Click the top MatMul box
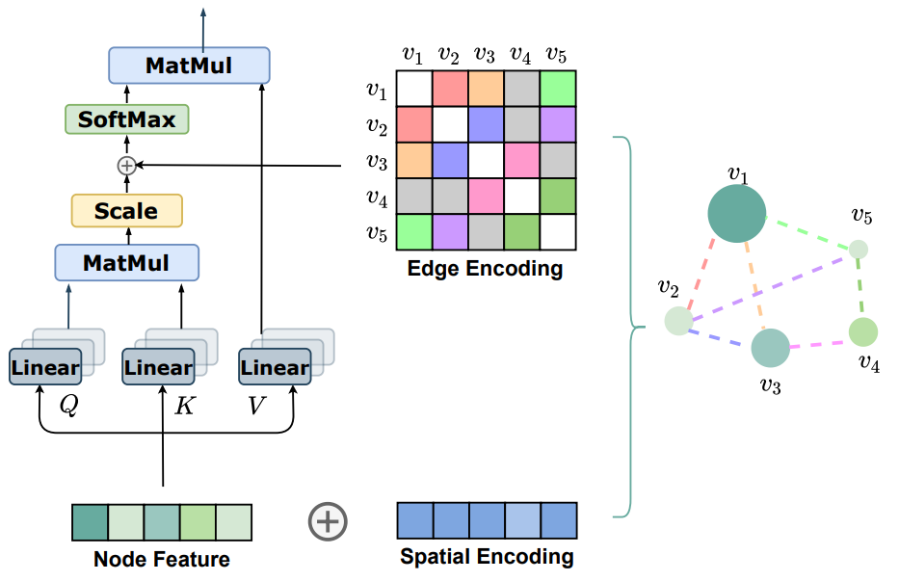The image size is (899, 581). click(189, 66)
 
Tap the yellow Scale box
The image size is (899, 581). click(127, 210)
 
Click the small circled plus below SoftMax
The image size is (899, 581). click(126, 166)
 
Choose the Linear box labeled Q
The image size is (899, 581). click(44, 367)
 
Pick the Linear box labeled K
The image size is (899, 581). click(158, 367)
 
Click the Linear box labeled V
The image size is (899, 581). click(275, 367)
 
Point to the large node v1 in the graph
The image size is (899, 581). click(737, 214)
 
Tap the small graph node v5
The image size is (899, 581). click(858, 250)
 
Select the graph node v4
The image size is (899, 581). click(863, 331)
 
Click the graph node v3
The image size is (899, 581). click(770, 349)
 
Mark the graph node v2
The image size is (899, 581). click(678, 321)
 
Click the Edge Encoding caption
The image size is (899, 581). click(485, 269)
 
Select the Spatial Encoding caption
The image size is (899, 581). click(487, 557)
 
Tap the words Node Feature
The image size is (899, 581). click(162, 559)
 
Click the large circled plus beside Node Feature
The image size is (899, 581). click(328, 521)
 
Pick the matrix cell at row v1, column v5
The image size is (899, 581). click(558, 89)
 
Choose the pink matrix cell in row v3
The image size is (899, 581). click(521, 160)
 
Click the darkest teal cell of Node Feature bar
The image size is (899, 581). click(90, 521)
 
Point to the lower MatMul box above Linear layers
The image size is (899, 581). click(126, 262)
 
